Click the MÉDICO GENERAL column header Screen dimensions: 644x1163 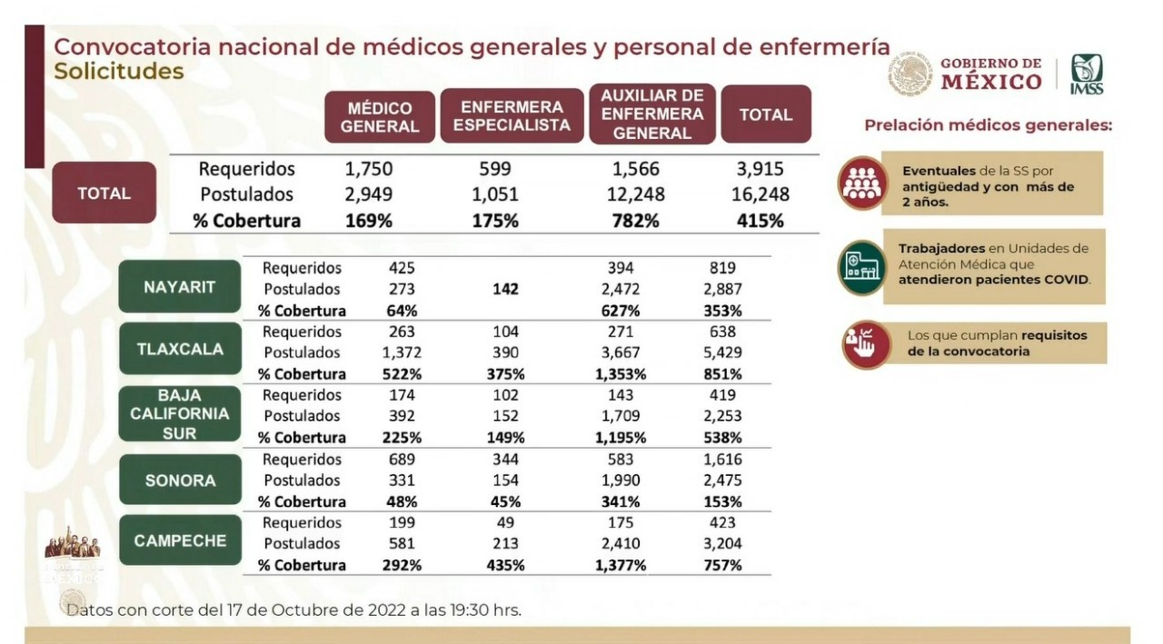click(x=380, y=117)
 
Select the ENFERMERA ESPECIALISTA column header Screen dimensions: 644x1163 click(x=512, y=115)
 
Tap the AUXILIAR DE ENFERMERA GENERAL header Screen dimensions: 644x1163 click(x=652, y=114)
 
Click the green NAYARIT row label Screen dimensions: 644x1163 click(x=180, y=288)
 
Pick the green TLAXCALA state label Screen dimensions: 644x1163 click(x=180, y=349)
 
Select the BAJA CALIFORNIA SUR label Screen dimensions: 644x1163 click(x=180, y=414)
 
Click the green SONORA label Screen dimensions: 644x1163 click(x=180, y=480)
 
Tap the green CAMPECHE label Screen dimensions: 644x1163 click(x=180, y=540)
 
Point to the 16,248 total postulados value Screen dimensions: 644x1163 click(x=760, y=194)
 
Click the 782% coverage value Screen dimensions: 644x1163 click(x=635, y=221)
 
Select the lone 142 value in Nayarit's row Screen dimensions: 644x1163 click(x=505, y=290)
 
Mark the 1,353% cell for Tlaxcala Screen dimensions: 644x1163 click(x=621, y=374)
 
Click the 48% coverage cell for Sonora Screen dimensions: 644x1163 click(x=401, y=501)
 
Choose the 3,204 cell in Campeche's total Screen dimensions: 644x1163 click(x=723, y=544)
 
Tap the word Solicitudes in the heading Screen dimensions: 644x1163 click(x=118, y=71)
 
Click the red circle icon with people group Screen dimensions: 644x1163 click(x=861, y=183)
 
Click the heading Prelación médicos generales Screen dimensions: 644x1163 click(x=988, y=125)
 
